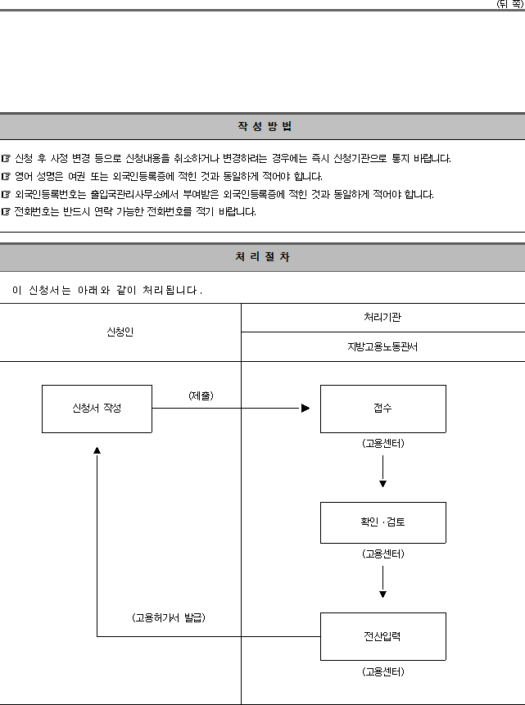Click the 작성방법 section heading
tap(265, 126)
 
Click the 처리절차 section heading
tap(263, 257)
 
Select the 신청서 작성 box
tap(97, 409)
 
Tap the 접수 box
tap(382, 409)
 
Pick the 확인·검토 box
tap(382, 522)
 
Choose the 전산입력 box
tap(382, 636)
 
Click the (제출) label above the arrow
tap(201, 395)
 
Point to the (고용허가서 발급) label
tap(169, 617)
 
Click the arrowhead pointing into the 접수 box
tap(305, 409)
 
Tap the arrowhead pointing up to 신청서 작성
tap(97, 450)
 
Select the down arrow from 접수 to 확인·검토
tap(382, 471)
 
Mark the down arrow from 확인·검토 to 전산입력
tap(382, 582)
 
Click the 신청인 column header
tap(120, 332)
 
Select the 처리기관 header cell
tap(382, 318)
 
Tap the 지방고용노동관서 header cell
tap(382, 346)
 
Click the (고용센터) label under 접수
tap(382, 443)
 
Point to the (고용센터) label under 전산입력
tap(382, 671)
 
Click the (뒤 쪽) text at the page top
tap(510, 4)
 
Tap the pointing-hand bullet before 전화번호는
tap(6, 212)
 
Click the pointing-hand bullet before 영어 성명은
tap(6, 176)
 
